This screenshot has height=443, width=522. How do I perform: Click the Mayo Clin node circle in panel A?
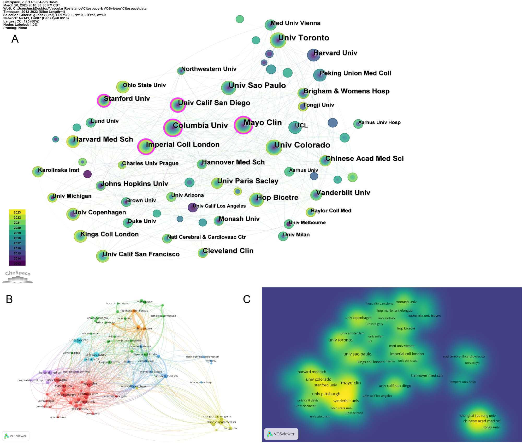point(243,125)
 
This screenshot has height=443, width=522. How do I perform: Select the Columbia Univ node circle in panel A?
point(173,128)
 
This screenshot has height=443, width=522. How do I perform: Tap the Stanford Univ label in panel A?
point(127,98)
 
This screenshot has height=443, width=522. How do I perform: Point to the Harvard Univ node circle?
point(313,55)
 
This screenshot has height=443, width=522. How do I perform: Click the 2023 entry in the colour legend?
point(17,212)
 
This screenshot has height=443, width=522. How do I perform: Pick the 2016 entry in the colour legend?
point(17,248)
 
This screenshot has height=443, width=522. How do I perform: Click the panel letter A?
point(15,39)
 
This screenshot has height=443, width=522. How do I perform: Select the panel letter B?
point(9,299)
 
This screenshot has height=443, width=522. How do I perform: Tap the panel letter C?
point(247,299)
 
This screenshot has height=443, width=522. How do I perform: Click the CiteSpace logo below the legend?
point(18,276)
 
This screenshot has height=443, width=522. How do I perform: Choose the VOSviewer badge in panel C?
point(281,434)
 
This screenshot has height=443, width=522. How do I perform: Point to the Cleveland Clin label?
point(228,251)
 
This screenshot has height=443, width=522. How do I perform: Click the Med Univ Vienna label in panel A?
point(295,23)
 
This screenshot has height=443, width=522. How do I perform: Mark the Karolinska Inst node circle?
point(38,172)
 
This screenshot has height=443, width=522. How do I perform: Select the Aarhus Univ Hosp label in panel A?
point(379,122)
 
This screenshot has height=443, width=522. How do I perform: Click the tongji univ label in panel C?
point(491,427)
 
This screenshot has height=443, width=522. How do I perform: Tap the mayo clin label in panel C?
point(351,383)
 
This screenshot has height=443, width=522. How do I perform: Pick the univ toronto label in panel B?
point(79,340)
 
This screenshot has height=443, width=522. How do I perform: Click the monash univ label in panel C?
point(406,302)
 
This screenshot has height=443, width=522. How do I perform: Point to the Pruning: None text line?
point(15,28)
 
